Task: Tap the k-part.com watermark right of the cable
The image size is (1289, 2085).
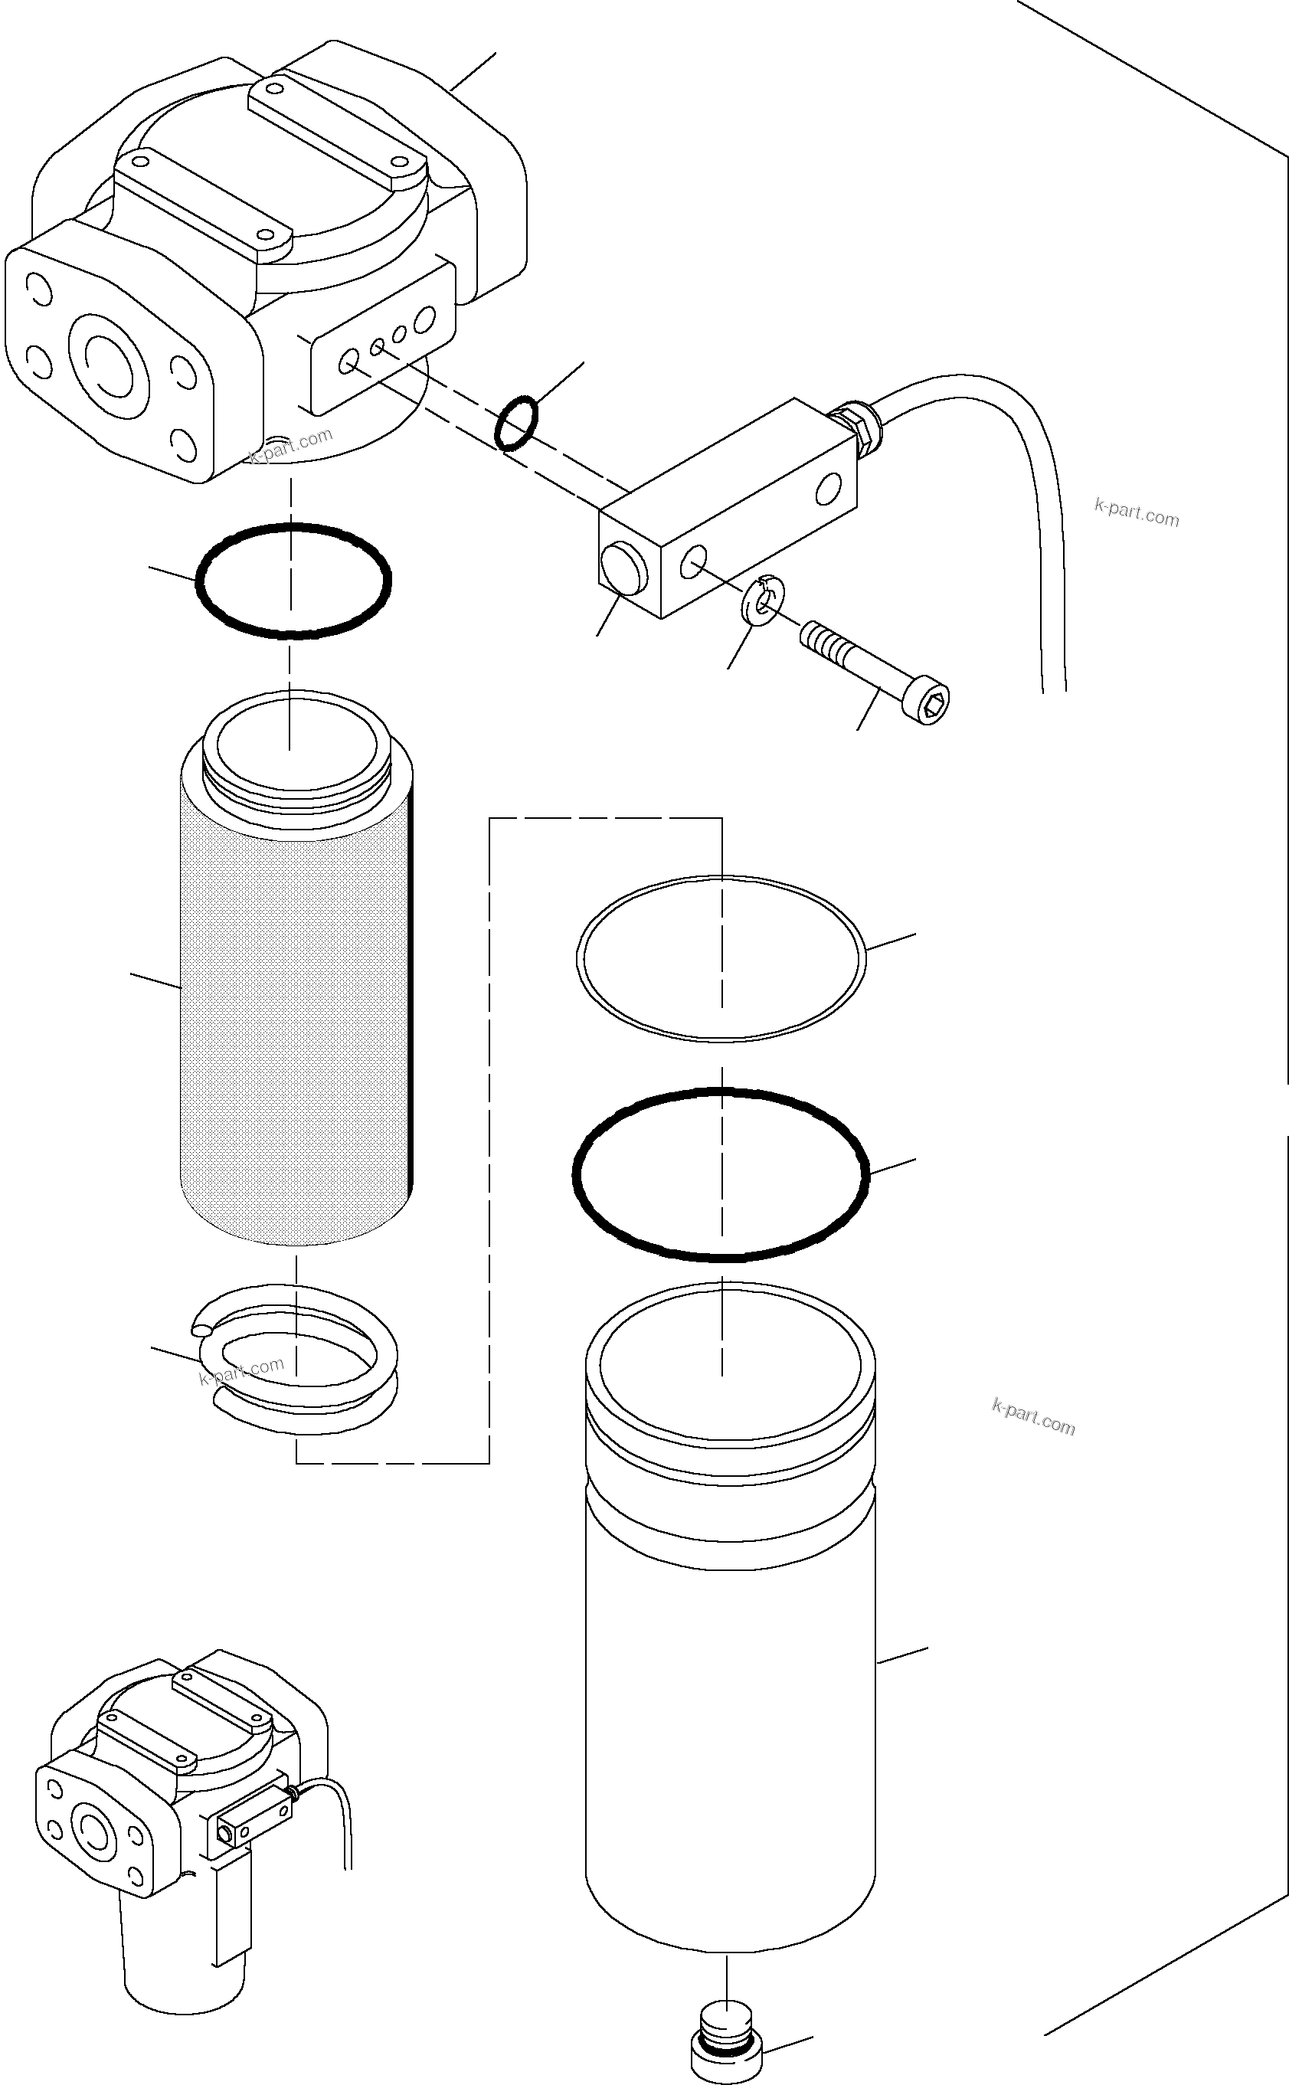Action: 1136,513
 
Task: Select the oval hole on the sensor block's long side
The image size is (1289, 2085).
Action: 827,489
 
